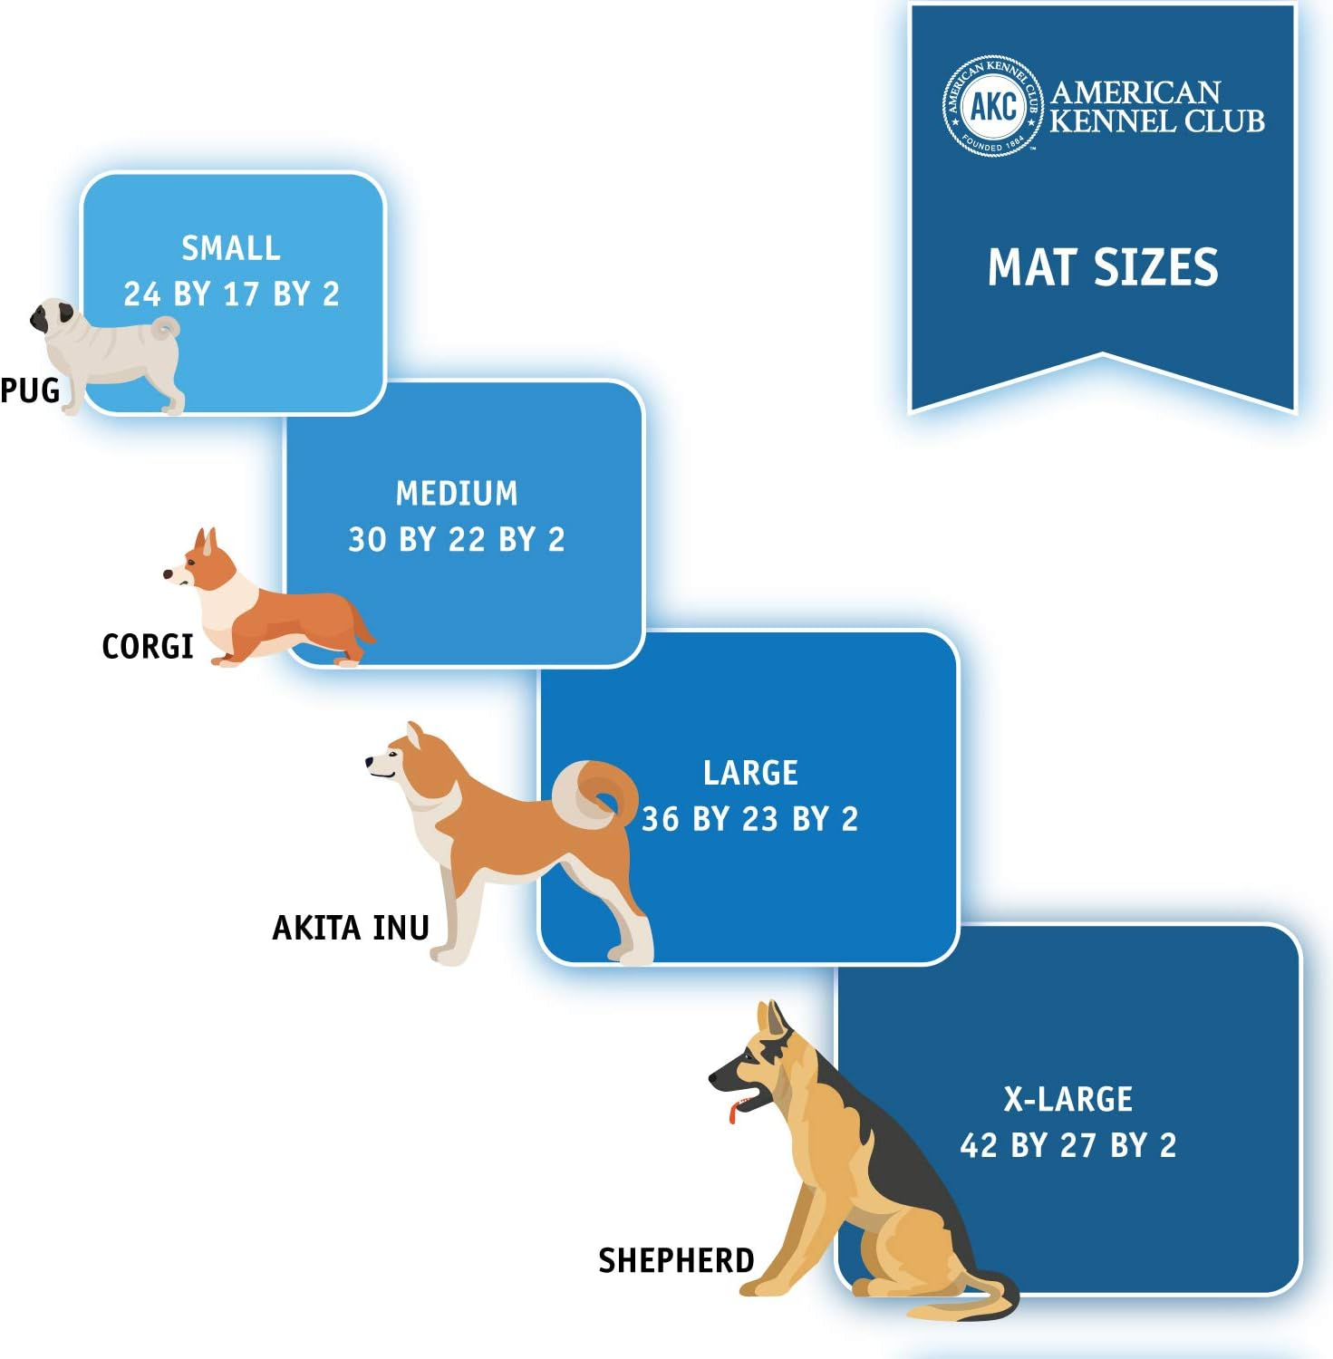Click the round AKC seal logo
[992, 106]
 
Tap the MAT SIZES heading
[1103, 267]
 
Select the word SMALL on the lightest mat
[231, 247]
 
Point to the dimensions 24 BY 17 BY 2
[231, 294]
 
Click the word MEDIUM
[457, 494]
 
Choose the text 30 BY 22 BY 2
[457, 540]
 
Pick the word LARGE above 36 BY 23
[750, 773]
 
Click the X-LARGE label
[1067, 1099]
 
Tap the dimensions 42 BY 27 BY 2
[1067, 1146]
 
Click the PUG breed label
[30, 390]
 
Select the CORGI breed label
[147, 647]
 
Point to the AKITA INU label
[351, 928]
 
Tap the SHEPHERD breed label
[676, 1260]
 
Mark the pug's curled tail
[166, 329]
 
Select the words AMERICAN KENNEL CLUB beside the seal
[1155, 107]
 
